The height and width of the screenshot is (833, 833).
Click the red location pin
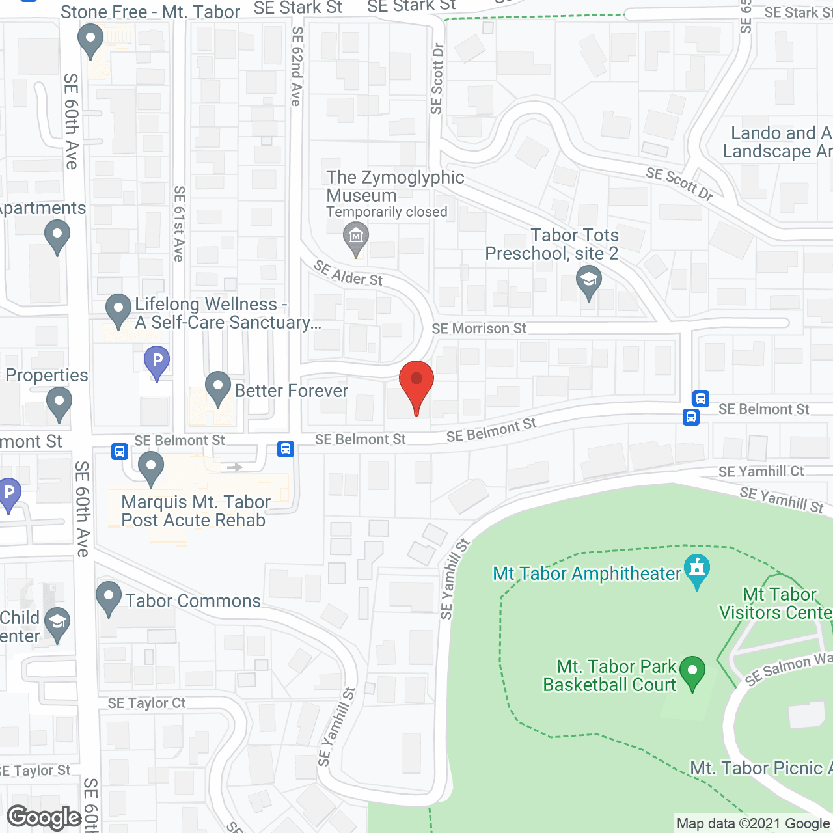click(416, 383)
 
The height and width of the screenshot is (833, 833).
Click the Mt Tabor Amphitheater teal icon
click(697, 569)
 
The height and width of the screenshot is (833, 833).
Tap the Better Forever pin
click(218, 387)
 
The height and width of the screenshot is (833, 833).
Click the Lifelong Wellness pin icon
click(118, 310)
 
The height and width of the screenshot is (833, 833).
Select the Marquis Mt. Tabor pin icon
click(151, 467)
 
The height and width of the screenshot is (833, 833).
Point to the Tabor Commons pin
click(109, 597)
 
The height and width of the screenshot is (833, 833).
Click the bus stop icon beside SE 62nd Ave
click(286, 448)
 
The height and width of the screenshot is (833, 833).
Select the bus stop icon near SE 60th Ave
click(120, 451)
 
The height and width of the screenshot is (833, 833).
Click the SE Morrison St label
click(479, 329)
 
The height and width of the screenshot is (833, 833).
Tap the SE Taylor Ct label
click(146, 703)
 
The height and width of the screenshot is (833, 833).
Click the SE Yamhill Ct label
click(761, 471)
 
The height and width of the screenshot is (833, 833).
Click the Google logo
click(44, 817)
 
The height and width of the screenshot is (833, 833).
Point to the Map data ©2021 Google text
click(753, 823)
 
